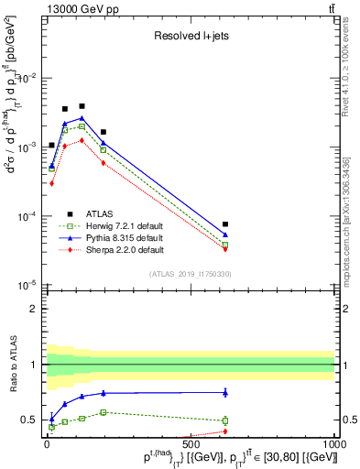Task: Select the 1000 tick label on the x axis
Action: pyautogui.click(x=333, y=443)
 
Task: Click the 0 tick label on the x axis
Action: pyautogui.click(x=46, y=443)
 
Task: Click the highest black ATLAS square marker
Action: pyautogui.click(x=82, y=106)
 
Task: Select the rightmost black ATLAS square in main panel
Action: pyautogui.click(x=225, y=224)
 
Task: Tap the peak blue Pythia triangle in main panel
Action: pyautogui.click(x=82, y=118)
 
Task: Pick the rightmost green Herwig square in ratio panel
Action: pyautogui.click(x=225, y=420)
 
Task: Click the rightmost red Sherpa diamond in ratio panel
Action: pyautogui.click(x=225, y=431)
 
